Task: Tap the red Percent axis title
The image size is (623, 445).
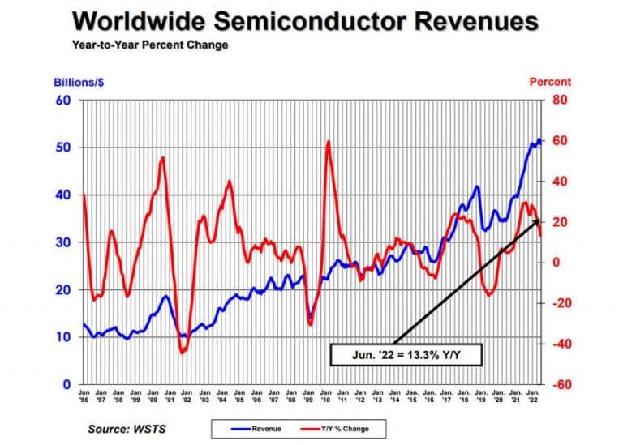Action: (550, 82)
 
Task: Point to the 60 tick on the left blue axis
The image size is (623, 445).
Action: (62, 101)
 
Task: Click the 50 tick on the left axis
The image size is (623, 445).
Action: (62, 148)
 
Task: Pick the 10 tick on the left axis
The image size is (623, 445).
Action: (62, 336)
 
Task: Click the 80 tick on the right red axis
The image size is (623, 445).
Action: (560, 101)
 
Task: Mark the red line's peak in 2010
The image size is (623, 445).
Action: (328, 142)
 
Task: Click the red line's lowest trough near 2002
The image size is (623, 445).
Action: (182, 353)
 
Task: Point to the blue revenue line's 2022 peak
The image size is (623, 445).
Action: (538, 139)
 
